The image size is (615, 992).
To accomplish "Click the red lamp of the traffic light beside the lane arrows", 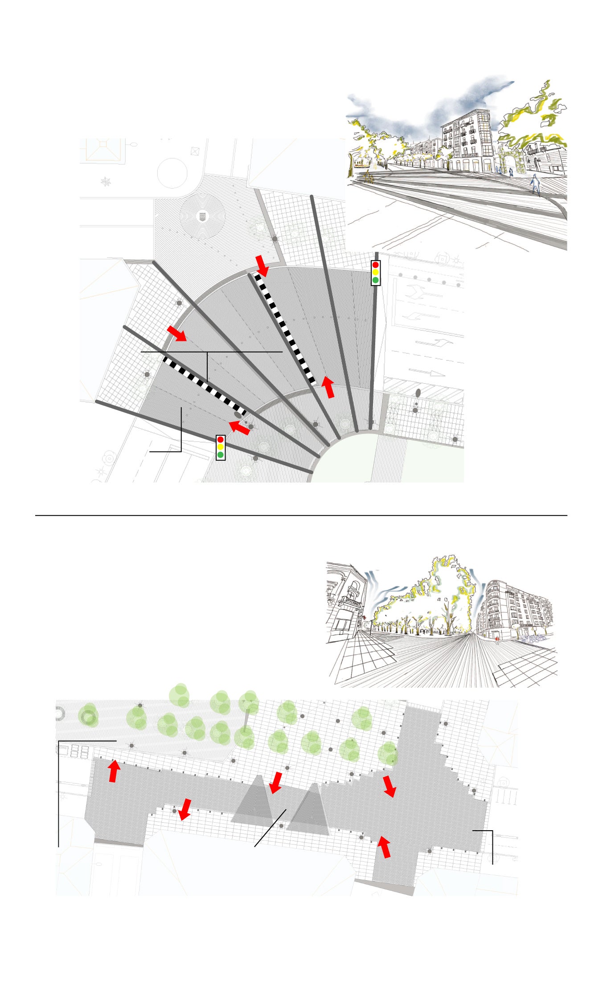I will click(x=375, y=265).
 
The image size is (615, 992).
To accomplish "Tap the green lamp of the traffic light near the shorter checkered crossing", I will click(x=220, y=455).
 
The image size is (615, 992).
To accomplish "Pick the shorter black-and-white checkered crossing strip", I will click(x=204, y=386).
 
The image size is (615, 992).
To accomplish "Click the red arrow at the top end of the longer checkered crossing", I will click(x=262, y=266).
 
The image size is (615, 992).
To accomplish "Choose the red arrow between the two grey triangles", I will click(x=276, y=783).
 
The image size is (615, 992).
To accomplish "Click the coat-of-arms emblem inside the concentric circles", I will click(x=202, y=217).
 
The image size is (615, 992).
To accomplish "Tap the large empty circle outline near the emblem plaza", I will click(x=172, y=173).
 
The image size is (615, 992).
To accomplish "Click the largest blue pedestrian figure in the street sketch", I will click(x=535, y=184).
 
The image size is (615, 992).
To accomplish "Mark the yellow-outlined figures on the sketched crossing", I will click(x=369, y=177).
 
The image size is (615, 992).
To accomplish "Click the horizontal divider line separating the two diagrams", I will click(x=301, y=516).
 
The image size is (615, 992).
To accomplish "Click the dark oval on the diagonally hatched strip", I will click(x=418, y=393).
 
